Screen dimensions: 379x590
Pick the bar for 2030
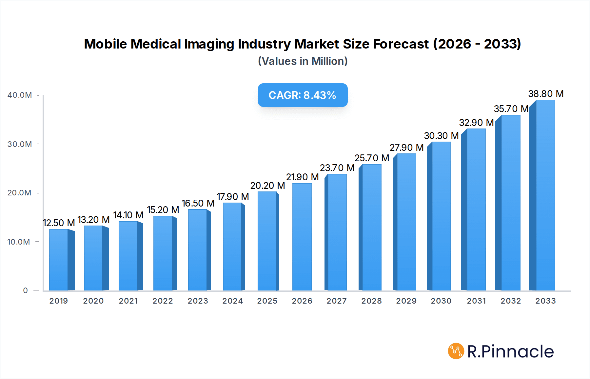(x=441, y=216)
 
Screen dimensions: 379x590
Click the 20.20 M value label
(x=267, y=186)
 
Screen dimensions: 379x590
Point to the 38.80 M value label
(x=546, y=94)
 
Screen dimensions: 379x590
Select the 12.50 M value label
(x=59, y=223)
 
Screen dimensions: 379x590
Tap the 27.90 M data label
(x=406, y=148)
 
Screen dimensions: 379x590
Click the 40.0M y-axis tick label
(x=20, y=95)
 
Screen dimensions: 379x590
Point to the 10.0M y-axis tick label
(x=19, y=242)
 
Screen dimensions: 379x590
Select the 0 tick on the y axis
(x=25, y=290)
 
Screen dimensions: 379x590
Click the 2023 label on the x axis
(x=198, y=301)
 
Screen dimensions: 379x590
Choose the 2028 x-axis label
(x=371, y=301)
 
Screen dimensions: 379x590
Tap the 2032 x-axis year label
(x=511, y=301)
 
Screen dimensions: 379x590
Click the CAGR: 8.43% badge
(x=303, y=95)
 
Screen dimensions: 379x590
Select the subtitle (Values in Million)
(x=303, y=61)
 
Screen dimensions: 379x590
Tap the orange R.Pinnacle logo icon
(x=456, y=351)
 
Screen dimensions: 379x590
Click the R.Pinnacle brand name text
(x=510, y=351)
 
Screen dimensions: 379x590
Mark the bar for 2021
(x=128, y=256)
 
